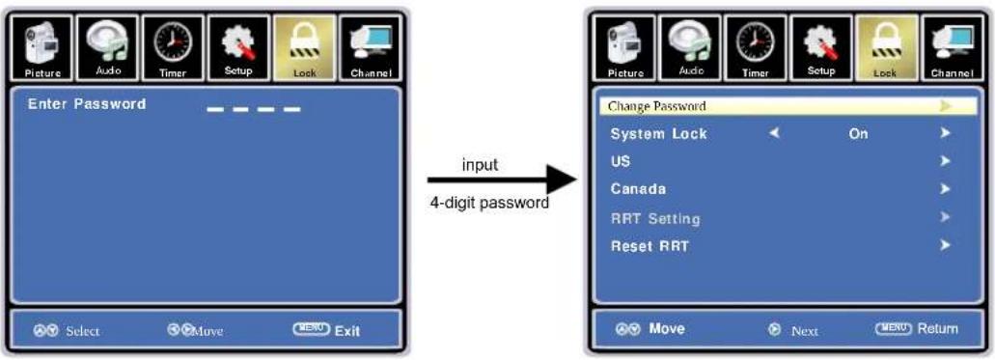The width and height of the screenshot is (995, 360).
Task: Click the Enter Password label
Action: point(87,104)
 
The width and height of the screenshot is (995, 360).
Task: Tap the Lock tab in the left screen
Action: point(305,48)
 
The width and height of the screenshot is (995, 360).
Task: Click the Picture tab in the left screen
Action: point(42,48)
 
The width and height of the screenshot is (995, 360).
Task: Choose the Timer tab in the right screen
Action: point(756,48)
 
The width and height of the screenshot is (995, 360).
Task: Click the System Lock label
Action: point(659,134)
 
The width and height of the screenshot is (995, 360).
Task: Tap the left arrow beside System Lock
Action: point(774,133)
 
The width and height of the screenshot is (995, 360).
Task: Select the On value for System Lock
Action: point(858,134)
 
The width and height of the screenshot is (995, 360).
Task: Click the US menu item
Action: point(620,161)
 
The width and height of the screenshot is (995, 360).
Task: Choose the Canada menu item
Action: point(638,189)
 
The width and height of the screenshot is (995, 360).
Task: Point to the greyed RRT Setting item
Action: point(655,219)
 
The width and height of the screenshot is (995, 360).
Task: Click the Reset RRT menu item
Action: point(650,246)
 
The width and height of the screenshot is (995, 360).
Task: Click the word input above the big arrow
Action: point(481,166)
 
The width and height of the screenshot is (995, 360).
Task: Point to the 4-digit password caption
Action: point(489,204)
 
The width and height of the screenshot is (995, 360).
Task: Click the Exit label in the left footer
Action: point(347,331)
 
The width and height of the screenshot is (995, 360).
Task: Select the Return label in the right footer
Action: point(938,328)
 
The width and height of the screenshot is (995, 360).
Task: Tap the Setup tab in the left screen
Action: point(238,48)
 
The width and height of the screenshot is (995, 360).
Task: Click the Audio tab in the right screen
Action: point(691,48)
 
